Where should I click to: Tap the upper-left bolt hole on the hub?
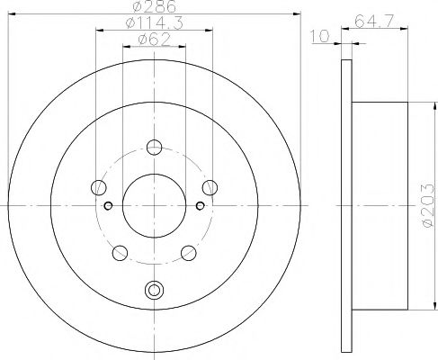pyautogui.click(x=98, y=187)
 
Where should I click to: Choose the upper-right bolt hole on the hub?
pyautogui.click(x=210, y=187)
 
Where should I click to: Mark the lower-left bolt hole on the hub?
pyautogui.click(x=120, y=252)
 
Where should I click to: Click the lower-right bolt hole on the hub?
pyautogui.click(x=188, y=252)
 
